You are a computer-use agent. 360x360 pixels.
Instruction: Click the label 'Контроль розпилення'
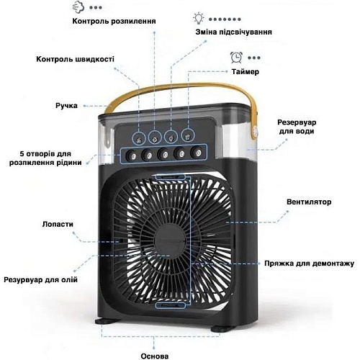(114, 21)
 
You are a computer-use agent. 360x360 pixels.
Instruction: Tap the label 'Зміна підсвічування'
(233, 32)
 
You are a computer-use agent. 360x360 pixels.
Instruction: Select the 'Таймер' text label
(245, 71)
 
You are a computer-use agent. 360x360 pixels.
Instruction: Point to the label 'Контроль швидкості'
(75, 59)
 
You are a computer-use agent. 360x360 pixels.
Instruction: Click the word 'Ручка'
(66, 106)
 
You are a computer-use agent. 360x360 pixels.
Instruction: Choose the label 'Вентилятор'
(309, 202)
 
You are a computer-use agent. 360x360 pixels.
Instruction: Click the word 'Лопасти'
(58, 224)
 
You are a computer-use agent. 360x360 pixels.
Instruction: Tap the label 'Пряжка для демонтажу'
(309, 264)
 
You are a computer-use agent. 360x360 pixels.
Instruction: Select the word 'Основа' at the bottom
(155, 356)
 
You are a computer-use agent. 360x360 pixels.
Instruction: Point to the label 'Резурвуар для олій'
(40, 279)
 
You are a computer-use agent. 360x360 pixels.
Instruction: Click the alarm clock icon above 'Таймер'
(236, 58)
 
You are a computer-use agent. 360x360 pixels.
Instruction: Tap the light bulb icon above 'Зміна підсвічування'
(199, 19)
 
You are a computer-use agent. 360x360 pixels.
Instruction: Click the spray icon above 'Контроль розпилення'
(78, 7)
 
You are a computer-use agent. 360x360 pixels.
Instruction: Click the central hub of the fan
(170, 240)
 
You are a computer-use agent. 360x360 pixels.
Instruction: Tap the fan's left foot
(107, 321)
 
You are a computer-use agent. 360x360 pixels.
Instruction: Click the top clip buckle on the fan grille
(171, 177)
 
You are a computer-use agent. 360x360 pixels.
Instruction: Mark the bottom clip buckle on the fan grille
(171, 305)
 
